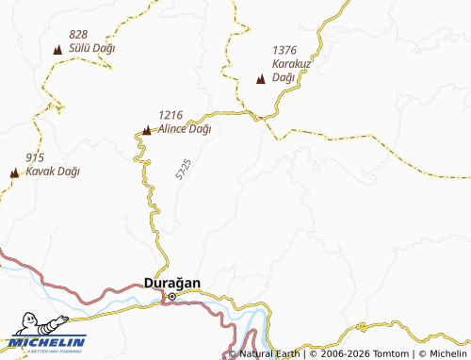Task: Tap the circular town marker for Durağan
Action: point(171,297)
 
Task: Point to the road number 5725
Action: point(183,170)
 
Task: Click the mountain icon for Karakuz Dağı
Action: point(261,79)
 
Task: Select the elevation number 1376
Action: point(285,50)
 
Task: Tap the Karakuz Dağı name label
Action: point(290,71)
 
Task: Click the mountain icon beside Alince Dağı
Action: point(146,130)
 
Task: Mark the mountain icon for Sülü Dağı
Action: point(57,50)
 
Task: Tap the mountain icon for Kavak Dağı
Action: point(14,172)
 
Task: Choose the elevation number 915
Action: point(35,156)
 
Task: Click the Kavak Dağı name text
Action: point(53,172)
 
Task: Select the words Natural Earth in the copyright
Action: point(272,354)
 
